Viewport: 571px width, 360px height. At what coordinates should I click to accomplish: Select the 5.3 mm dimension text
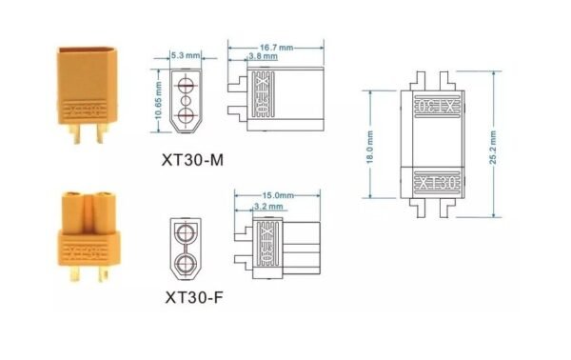point(184,55)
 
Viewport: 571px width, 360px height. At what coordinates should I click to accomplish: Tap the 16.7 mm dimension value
point(275,45)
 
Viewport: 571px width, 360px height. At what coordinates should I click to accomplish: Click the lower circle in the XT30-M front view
point(186,115)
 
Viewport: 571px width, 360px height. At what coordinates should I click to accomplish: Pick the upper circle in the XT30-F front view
point(185,231)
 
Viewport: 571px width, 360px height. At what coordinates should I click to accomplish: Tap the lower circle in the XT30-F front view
point(185,261)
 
